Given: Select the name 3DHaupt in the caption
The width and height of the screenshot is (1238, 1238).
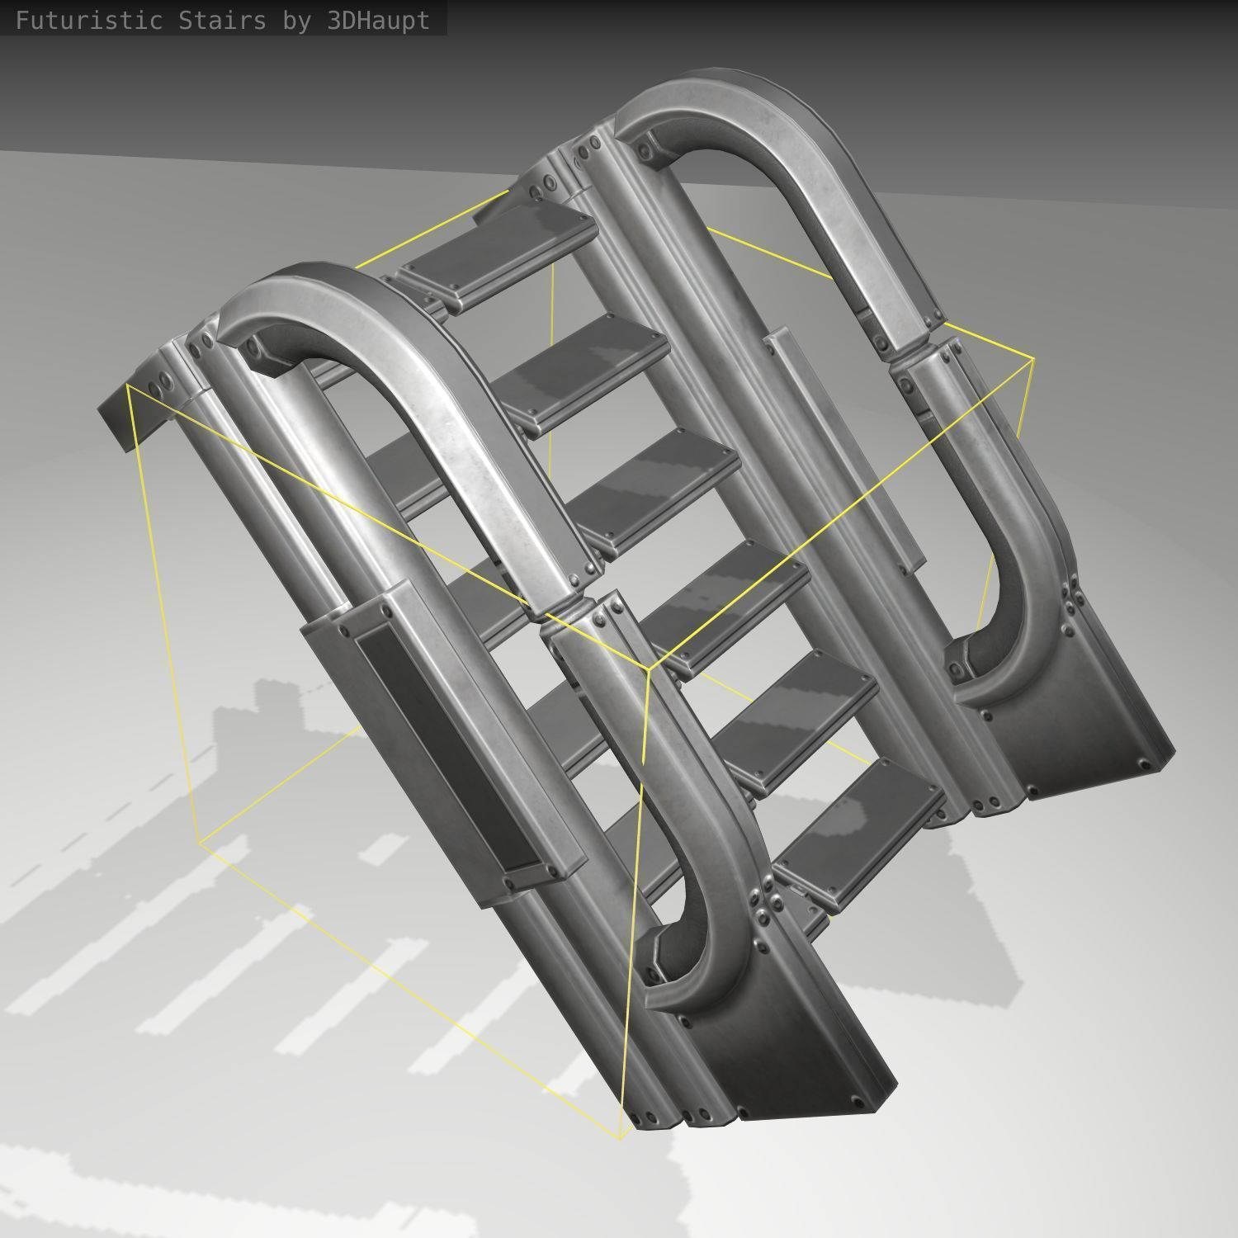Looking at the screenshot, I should [x=379, y=21].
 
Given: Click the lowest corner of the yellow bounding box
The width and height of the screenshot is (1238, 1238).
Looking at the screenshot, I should [x=620, y=1138].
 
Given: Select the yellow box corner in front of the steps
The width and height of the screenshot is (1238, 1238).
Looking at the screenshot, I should [x=648, y=669].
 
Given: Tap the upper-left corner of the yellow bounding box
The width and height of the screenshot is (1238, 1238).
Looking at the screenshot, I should [x=128, y=385].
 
